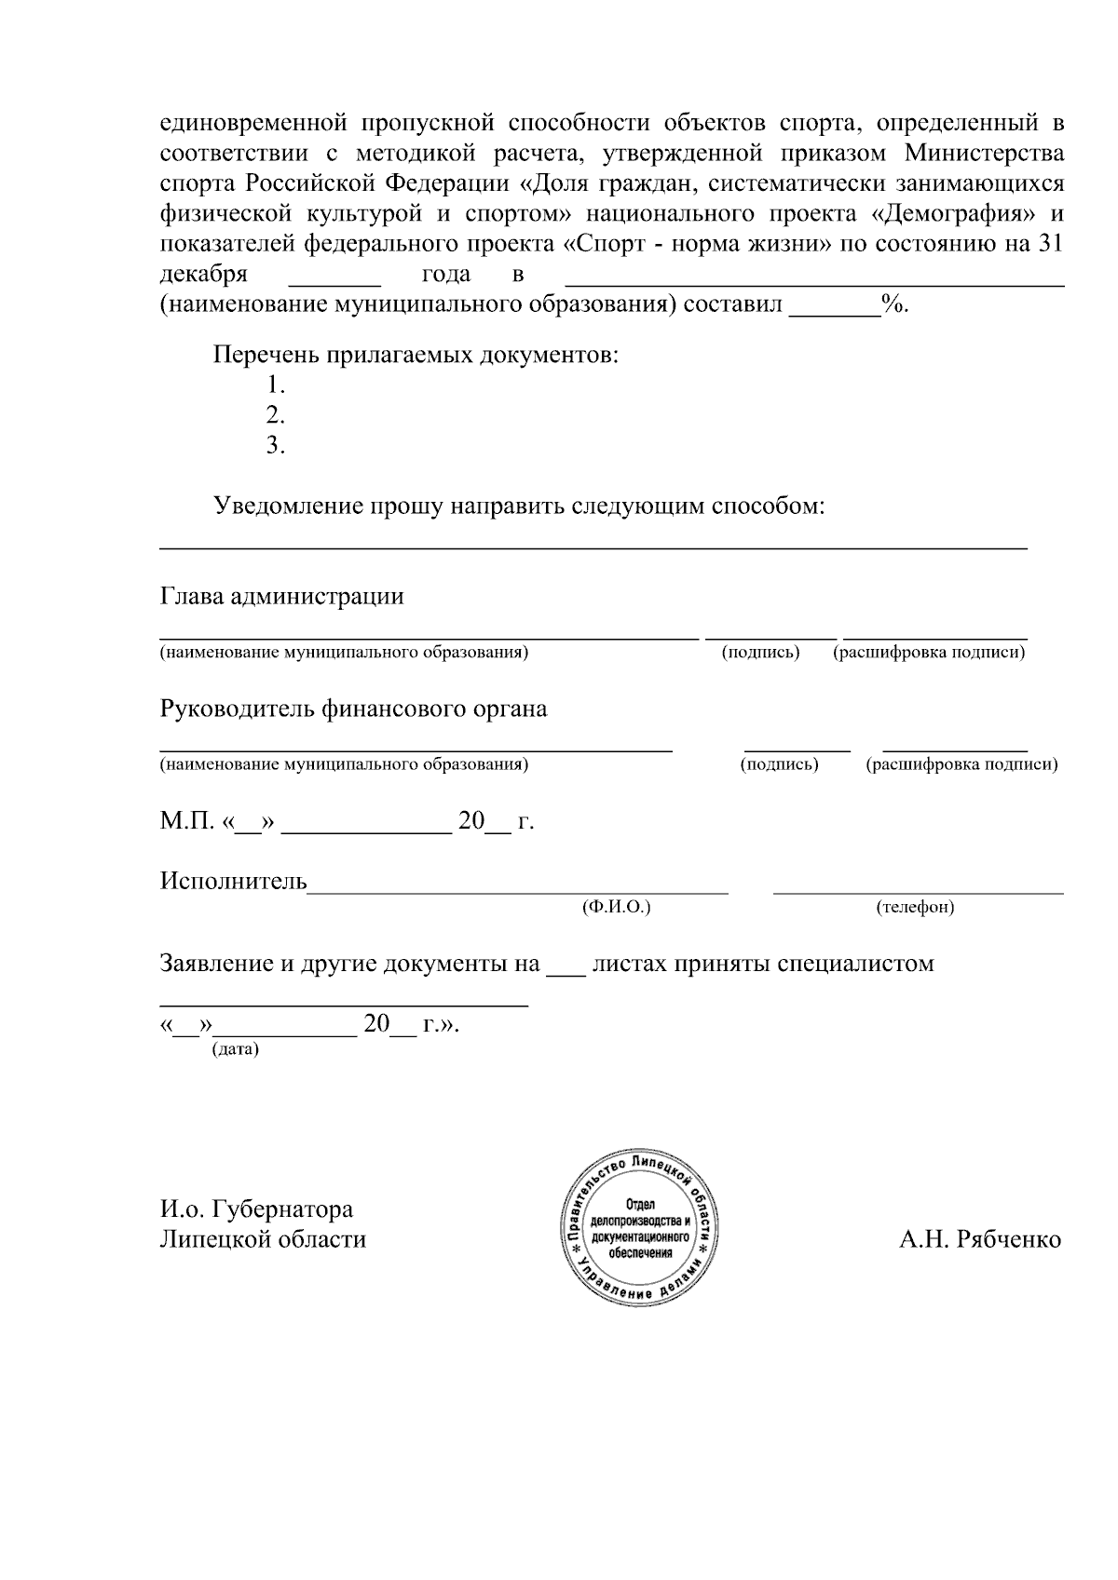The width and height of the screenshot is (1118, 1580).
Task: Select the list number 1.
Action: [275, 385]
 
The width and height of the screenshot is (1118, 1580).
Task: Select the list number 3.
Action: [275, 446]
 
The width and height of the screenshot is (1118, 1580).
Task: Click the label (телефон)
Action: [915, 907]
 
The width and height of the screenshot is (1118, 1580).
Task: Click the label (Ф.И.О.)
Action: [616, 907]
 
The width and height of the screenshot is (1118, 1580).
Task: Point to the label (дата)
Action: [236, 1049]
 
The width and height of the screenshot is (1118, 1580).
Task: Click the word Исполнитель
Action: [234, 881]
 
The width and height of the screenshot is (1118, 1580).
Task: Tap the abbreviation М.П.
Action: [187, 822]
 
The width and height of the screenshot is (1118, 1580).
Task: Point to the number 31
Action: [1050, 244]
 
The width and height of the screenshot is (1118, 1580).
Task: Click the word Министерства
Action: [984, 152]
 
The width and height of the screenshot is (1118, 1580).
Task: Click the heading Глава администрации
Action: [282, 597]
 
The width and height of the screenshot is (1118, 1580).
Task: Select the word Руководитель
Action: [237, 709]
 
